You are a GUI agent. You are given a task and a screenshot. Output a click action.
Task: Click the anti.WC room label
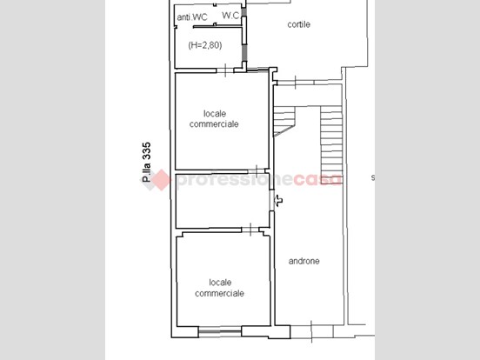click(x=192, y=17)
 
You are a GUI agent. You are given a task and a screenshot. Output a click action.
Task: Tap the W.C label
click(x=230, y=16)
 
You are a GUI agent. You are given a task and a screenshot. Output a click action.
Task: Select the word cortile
click(x=299, y=24)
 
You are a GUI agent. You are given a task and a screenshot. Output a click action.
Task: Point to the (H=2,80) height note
click(x=205, y=45)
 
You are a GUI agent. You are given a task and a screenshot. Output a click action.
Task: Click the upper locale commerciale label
click(x=214, y=119)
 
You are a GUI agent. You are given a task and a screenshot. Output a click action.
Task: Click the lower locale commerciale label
click(x=219, y=288)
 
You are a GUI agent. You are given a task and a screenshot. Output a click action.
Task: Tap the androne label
click(x=304, y=261)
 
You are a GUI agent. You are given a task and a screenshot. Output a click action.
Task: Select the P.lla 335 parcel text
click(x=147, y=162)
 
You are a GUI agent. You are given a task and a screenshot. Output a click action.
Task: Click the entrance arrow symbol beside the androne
click(x=278, y=201)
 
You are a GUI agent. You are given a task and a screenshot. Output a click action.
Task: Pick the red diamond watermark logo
click(x=160, y=180)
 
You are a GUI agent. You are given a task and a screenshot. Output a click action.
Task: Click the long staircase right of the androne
click(x=331, y=144)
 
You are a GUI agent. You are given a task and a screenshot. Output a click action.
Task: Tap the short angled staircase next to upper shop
click(x=284, y=121)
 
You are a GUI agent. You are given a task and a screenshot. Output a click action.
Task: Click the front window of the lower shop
click(x=220, y=331)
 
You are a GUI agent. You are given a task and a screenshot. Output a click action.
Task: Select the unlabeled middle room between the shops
click(x=223, y=201)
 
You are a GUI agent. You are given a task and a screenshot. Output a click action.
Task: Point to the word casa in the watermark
click(x=317, y=179)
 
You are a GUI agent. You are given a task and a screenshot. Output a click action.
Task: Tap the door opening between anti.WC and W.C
click(x=215, y=15)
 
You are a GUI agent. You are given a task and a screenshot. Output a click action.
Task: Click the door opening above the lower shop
click(x=250, y=230)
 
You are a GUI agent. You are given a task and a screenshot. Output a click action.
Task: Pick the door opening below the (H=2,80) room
click(x=225, y=70)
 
